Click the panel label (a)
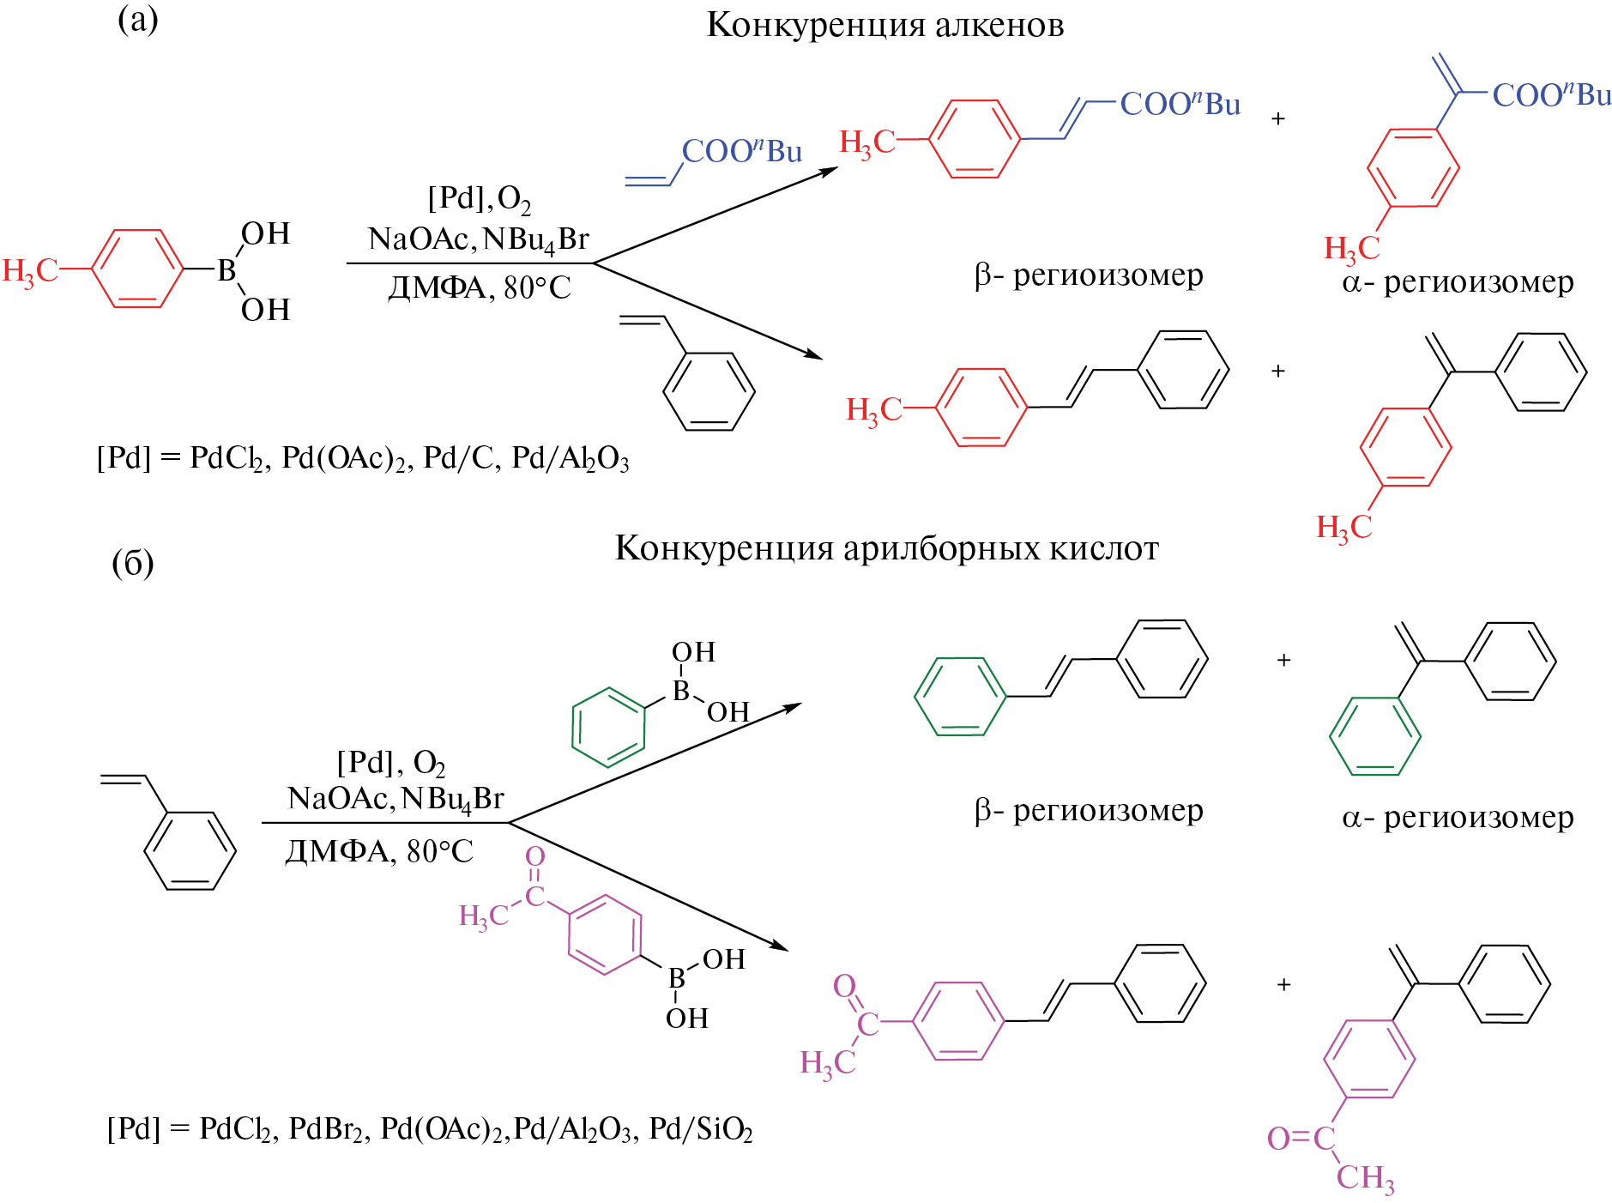[x=137, y=19]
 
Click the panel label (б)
[x=133, y=563]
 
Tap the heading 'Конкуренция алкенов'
[x=884, y=25]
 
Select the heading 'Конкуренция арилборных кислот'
[x=886, y=547]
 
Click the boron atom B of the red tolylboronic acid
[x=226, y=270]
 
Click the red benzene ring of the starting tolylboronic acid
[x=137, y=269]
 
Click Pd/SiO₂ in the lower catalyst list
[x=700, y=1129]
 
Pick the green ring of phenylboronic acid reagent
[x=608, y=726]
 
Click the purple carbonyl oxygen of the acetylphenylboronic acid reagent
[x=534, y=856]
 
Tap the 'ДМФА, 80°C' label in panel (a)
[x=480, y=287]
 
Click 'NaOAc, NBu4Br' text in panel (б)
[x=395, y=799]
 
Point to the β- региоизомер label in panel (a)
[x=1088, y=275]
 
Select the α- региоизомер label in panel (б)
[x=1458, y=817]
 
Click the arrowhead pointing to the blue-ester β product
[x=828, y=171]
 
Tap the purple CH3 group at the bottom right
[x=1365, y=1177]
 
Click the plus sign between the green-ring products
[x=1283, y=660]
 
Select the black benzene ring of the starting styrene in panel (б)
[x=190, y=850]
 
